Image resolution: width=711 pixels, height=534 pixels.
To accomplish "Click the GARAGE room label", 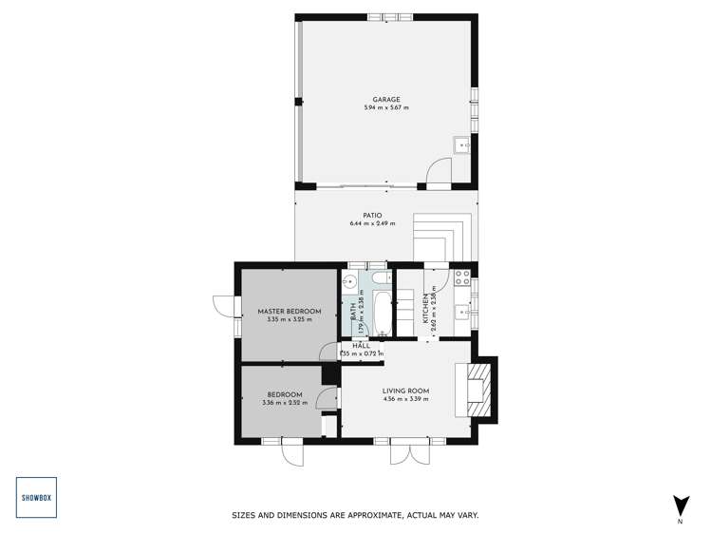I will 386,100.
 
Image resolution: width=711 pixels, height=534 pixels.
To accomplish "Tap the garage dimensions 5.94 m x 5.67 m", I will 386,108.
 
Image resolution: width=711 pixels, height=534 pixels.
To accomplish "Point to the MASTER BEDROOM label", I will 290,312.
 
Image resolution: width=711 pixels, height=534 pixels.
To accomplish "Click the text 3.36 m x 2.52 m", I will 284,403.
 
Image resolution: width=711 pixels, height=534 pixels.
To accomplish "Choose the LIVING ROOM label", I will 406,391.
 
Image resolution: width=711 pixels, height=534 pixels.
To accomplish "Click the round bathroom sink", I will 349,281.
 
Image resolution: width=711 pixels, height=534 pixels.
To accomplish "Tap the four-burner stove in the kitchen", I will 463,278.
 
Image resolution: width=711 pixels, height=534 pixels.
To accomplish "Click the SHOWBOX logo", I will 37,497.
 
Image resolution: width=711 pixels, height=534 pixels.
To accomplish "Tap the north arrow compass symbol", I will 680,505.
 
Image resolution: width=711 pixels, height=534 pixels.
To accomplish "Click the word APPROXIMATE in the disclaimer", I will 378,516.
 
